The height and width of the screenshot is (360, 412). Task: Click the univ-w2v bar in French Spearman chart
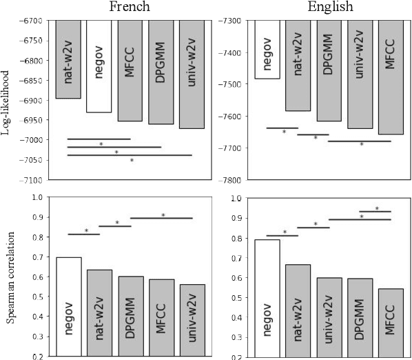[x=192, y=321]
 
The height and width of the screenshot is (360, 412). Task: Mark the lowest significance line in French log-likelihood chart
[x=130, y=155]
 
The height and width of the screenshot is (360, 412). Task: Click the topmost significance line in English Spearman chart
[x=375, y=211]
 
